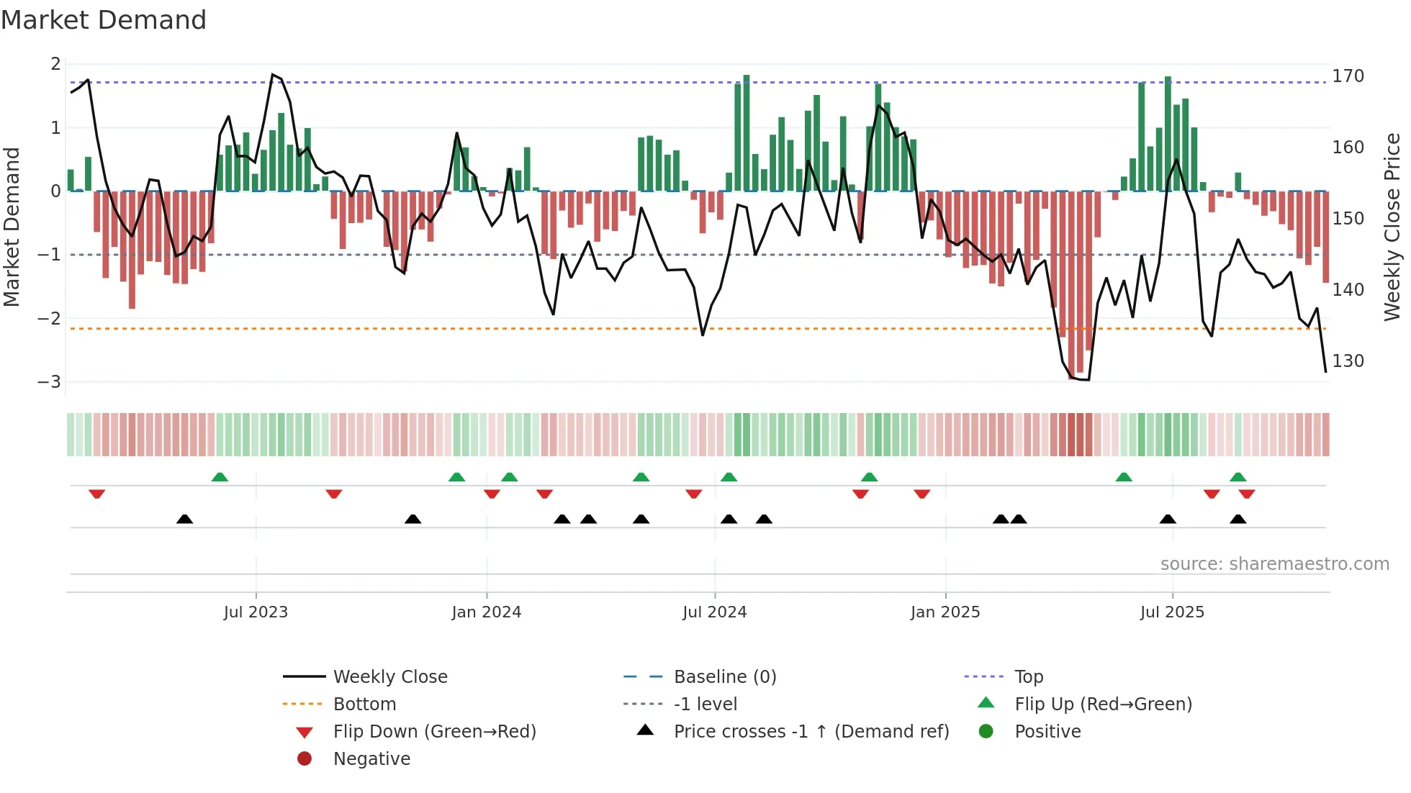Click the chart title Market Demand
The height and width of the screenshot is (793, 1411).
pos(104,20)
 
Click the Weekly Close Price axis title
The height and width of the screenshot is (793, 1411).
pos(1392,227)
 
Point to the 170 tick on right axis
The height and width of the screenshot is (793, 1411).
pos(1348,76)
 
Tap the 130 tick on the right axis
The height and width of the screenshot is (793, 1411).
pos(1348,361)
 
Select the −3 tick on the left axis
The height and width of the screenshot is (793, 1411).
pos(50,382)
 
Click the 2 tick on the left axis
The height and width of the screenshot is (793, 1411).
pos(55,64)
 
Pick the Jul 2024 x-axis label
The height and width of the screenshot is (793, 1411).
pos(714,612)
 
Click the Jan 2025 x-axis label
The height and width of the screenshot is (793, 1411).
pos(945,612)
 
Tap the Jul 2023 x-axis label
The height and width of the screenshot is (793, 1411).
pos(256,612)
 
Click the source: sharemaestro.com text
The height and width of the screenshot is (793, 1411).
pos(1274,564)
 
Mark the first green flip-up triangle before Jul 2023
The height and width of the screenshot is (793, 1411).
pos(220,477)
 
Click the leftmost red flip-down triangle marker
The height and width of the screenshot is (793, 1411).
pos(97,494)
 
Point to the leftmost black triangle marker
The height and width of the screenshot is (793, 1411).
pos(185,519)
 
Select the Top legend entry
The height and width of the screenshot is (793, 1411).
pos(1028,677)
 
